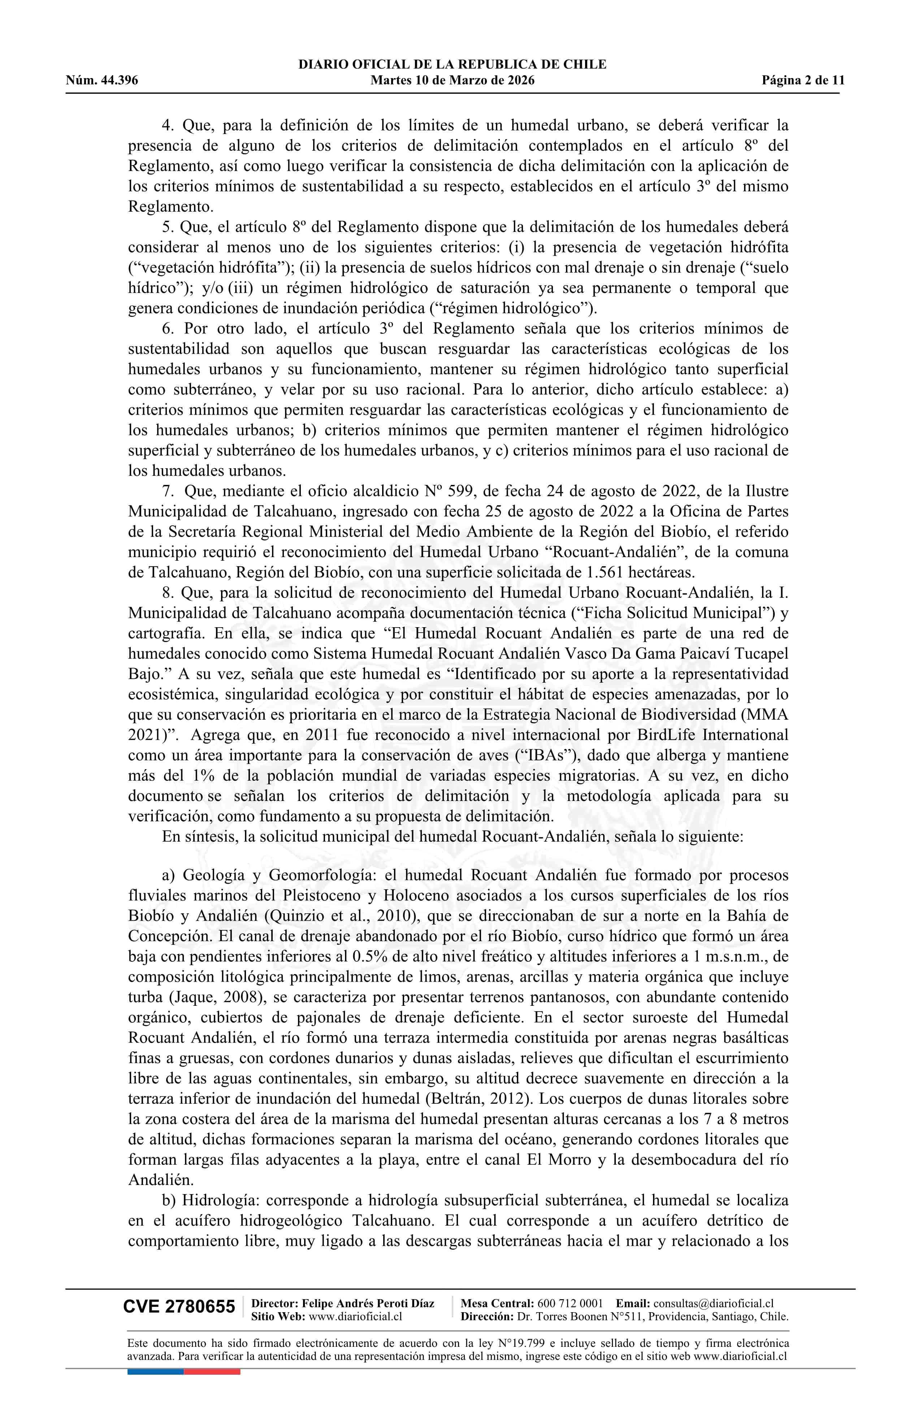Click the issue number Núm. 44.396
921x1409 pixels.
102,81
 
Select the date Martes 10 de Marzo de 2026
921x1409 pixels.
452,81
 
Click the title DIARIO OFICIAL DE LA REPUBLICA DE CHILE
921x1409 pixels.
452,65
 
